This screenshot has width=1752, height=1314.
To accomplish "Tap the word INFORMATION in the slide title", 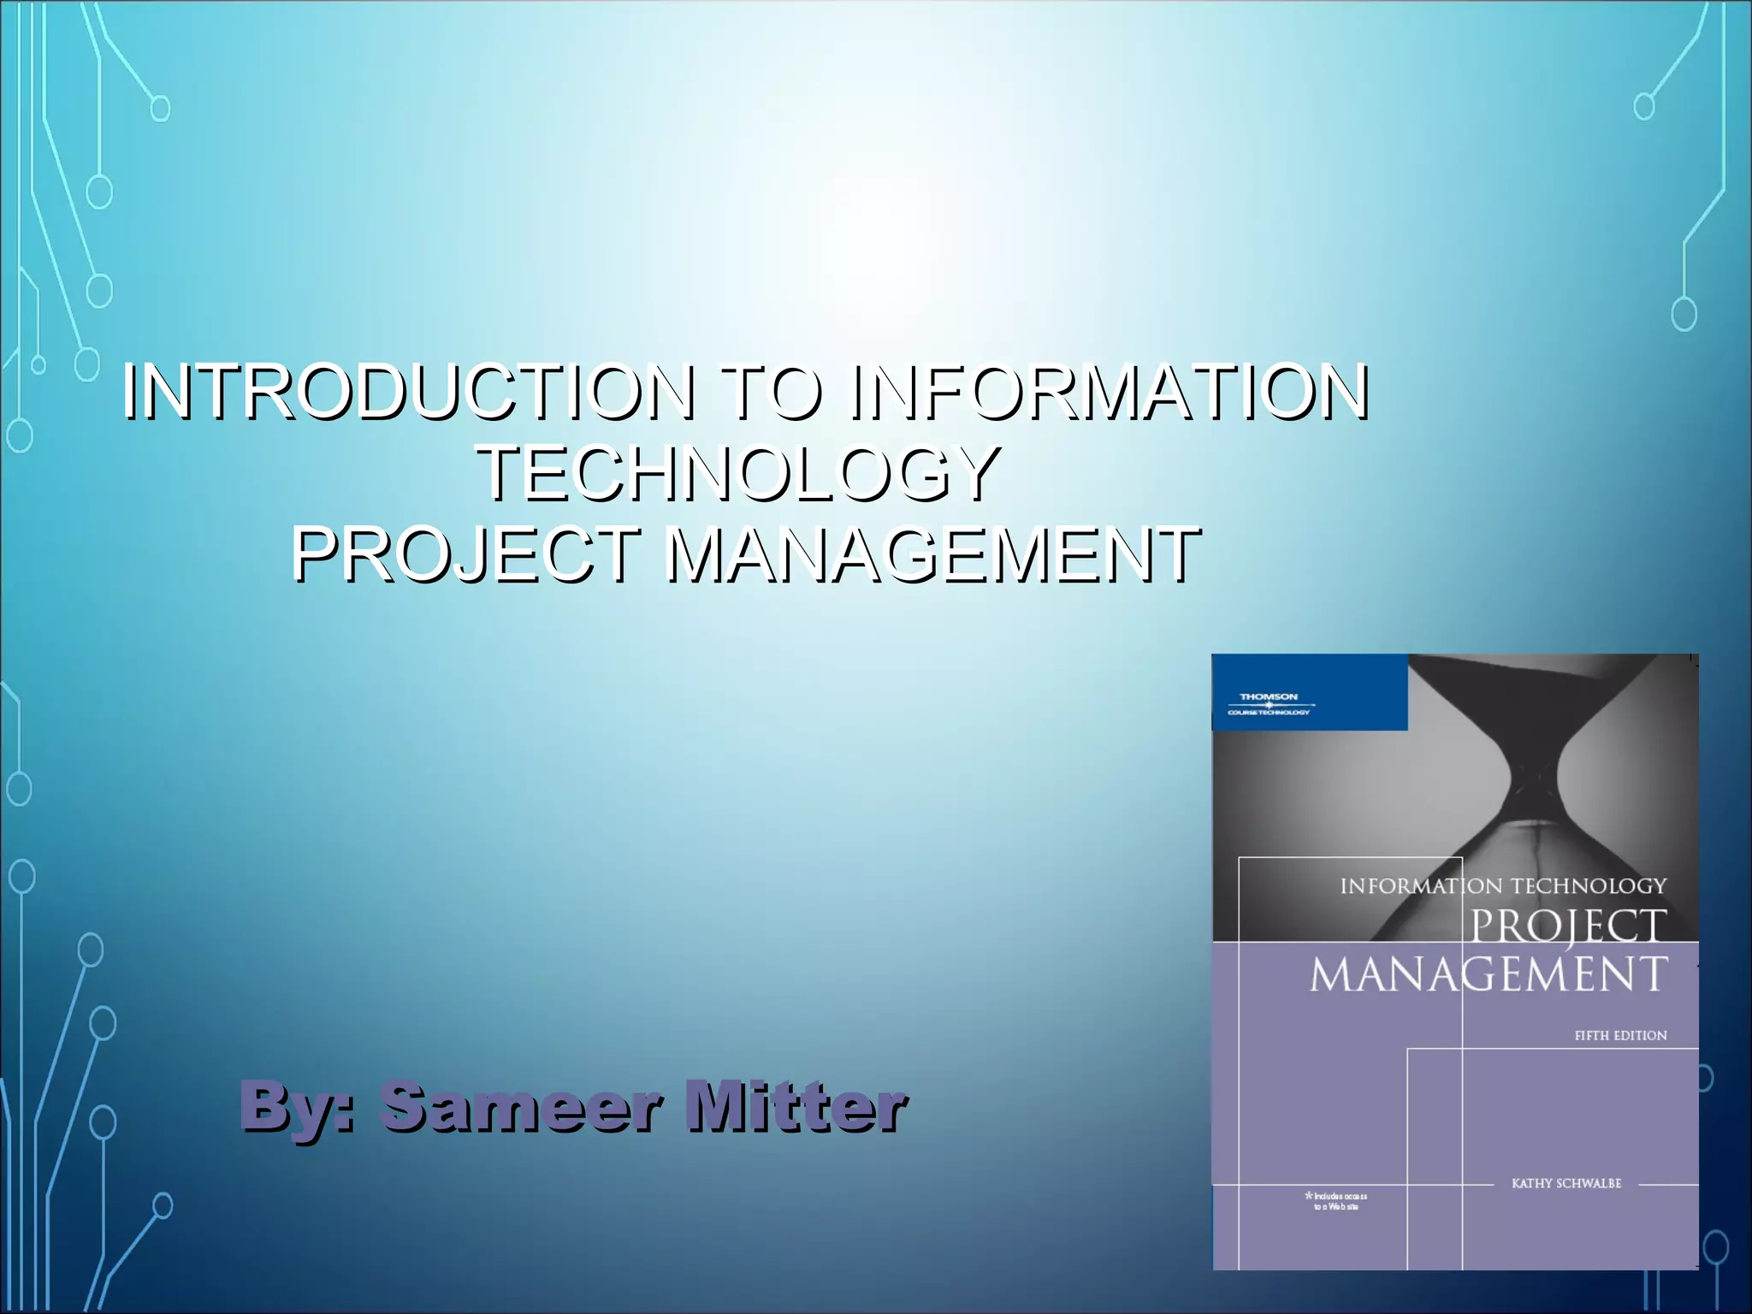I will [x=1110, y=393].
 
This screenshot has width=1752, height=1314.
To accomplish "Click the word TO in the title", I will [x=772, y=393].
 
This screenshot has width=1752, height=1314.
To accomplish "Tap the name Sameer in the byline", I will [x=521, y=1105].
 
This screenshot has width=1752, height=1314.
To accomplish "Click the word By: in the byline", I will [x=296, y=1105].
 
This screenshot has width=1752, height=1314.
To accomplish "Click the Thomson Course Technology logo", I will [x=1269, y=703].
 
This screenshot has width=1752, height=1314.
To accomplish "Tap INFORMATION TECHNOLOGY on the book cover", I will [x=1503, y=886].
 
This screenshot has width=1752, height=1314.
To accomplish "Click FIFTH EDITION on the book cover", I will [x=1620, y=1035].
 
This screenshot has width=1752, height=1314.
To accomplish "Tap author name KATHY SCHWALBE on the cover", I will [x=1566, y=1184].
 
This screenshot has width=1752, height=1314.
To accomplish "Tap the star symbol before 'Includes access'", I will [x=1308, y=1195].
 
